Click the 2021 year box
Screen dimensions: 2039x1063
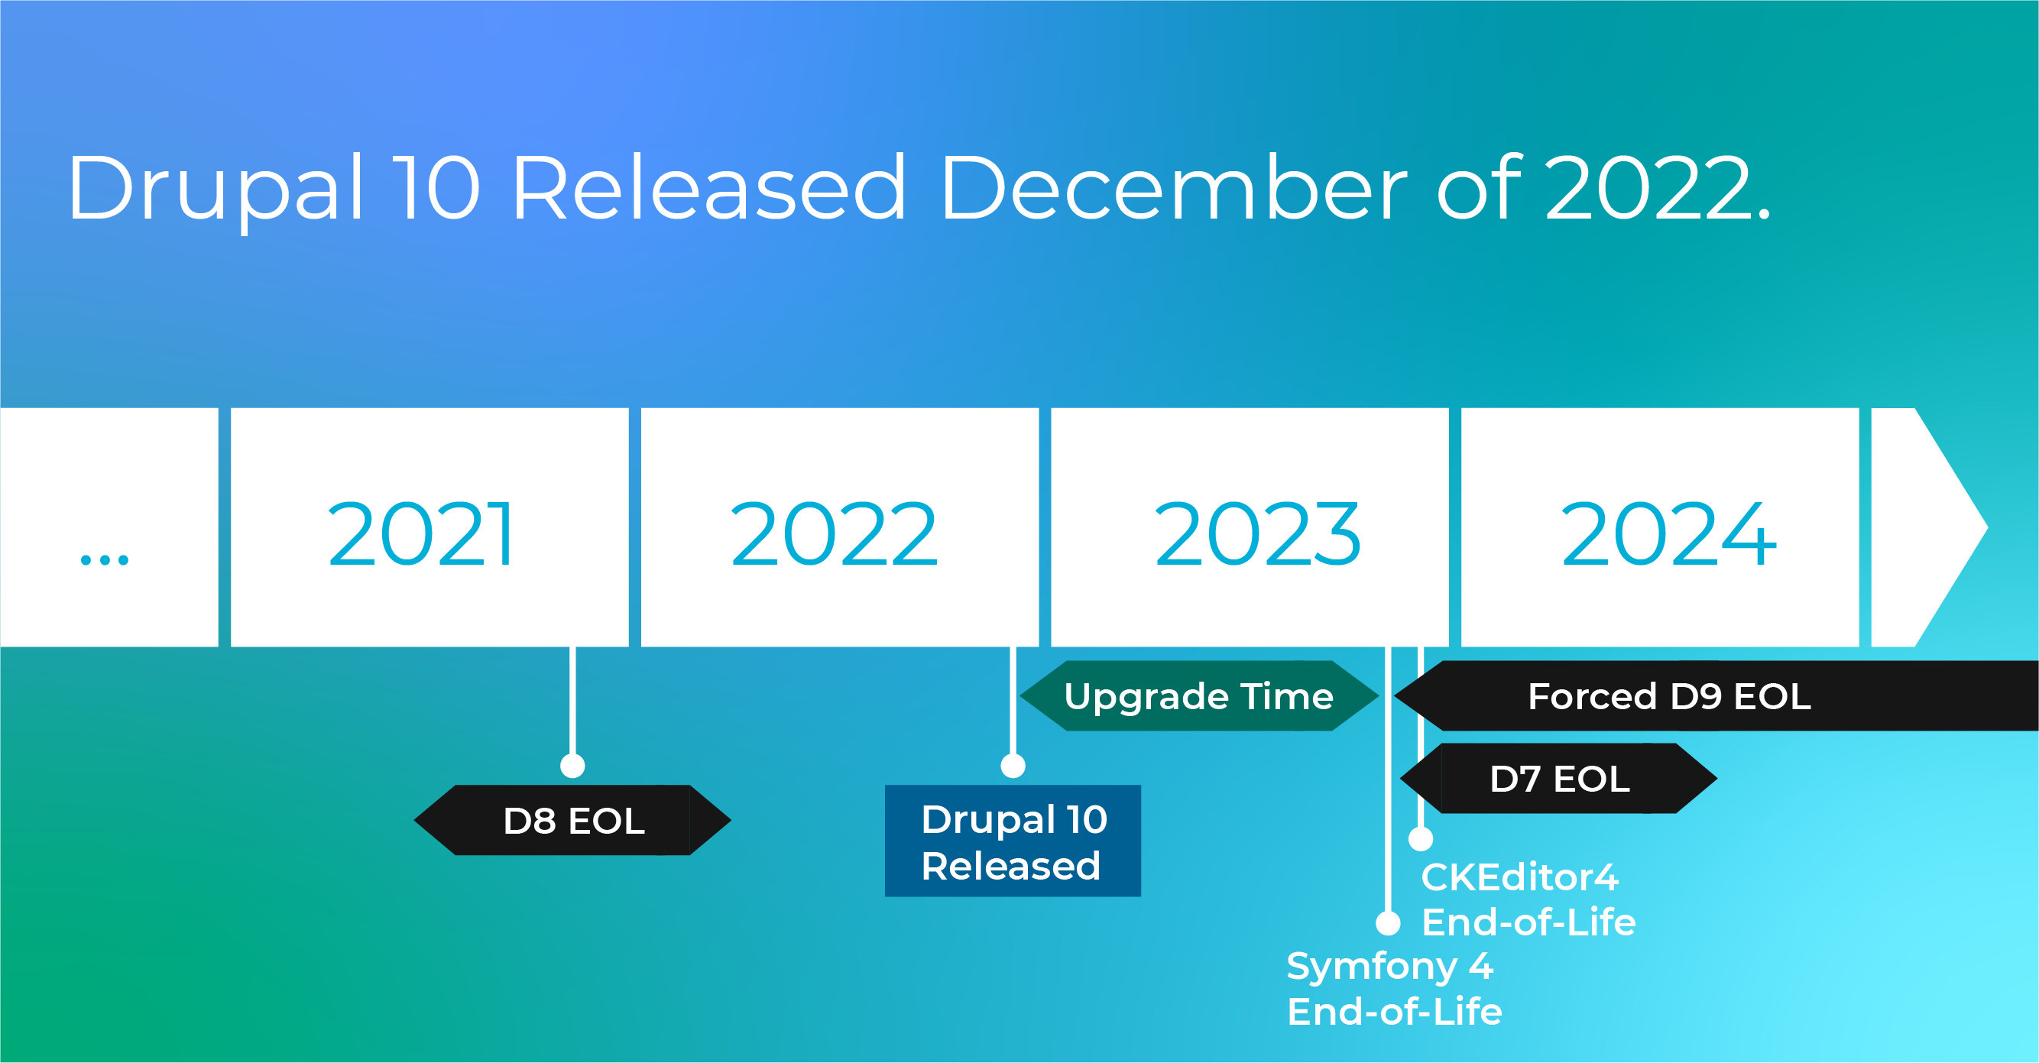[x=429, y=527]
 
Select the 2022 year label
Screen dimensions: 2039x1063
[x=835, y=535]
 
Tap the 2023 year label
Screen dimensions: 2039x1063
[x=1258, y=535]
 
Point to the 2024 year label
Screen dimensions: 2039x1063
[x=1668, y=535]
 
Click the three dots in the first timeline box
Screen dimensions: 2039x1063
[x=105, y=559]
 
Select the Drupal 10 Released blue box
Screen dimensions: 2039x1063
[x=1013, y=841]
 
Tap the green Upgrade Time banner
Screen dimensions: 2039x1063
[x=1199, y=695]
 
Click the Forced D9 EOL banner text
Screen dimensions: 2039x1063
[x=1669, y=696]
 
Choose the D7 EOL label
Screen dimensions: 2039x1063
[x=1558, y=779]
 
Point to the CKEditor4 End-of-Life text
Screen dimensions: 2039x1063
[x=1528, y=900]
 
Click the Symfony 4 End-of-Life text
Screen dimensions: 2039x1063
[x=1394, y=989]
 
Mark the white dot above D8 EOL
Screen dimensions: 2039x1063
[x=572, y=766]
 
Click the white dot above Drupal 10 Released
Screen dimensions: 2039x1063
[x=1013, y=766]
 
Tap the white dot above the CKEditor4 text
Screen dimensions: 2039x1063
[x=1421, y=838]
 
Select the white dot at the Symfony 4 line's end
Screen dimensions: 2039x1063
[x=1388, y=923]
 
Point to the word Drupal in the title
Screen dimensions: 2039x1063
[x=216, y=190]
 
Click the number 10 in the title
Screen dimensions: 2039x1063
[x=437, y=186]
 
